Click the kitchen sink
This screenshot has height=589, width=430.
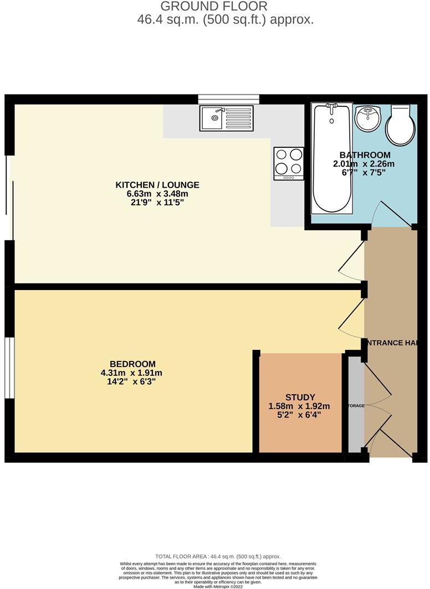pos(227,117)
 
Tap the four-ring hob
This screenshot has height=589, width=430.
pos(289,163)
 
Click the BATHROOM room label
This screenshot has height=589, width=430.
pos(365,155)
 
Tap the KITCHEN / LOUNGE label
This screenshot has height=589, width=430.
pos(157,185)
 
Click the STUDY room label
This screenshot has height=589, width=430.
pos(300,397)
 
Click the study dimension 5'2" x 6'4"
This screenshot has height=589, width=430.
pos(300,414)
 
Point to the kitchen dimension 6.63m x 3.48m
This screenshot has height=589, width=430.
pos(157,194)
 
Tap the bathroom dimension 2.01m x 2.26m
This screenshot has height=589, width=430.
pos(364,164)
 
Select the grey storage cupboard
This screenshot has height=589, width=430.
pos(356,406)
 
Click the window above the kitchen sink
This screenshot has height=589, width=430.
pos(228,99)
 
